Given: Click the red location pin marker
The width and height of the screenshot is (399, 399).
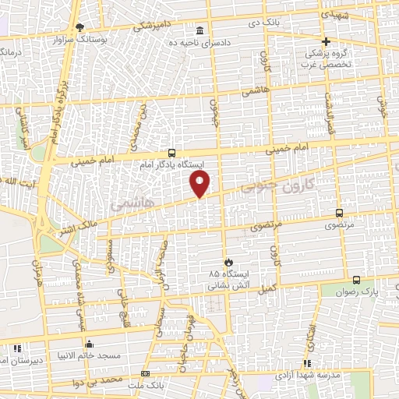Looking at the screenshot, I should point(200,184).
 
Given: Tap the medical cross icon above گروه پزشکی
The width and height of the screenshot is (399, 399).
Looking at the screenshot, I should point(326,41).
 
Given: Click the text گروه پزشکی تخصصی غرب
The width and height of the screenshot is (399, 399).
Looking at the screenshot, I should point(326,60).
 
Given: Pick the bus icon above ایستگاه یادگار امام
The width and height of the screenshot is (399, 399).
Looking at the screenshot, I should point(171,154).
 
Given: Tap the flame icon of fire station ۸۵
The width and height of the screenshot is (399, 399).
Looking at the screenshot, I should point(228,262).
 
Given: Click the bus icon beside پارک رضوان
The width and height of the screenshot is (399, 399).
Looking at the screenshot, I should point(356,281).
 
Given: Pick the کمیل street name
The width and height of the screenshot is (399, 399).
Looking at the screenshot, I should point(269,288).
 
